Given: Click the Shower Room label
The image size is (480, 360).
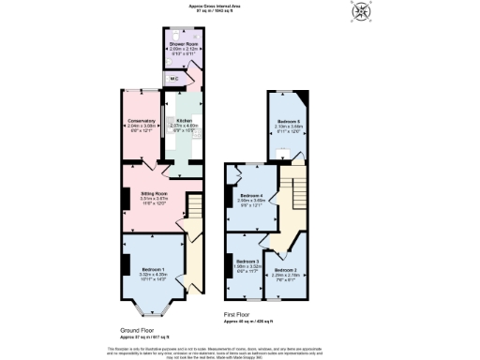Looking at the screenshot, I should (182, 43).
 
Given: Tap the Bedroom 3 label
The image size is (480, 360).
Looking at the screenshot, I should (247, 261).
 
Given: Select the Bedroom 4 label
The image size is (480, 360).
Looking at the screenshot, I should (250, 195).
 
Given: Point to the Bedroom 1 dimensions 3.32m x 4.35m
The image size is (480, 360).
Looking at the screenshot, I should (152, 274).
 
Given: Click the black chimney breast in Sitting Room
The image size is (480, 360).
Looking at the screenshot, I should (124, 200).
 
